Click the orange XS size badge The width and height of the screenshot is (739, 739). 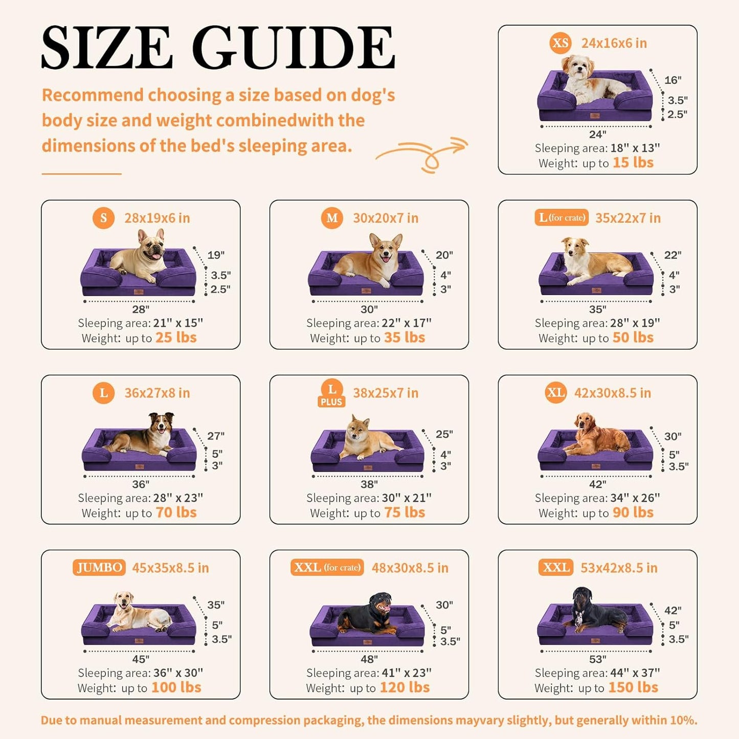coord(561,43)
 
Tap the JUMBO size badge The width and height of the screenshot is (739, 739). coord(99,567)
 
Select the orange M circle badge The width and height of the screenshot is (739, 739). coord(332,218)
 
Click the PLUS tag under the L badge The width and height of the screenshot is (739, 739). coord(331,401)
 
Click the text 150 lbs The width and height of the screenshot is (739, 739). coord(633,687)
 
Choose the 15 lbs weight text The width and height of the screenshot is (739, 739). coord(633,163)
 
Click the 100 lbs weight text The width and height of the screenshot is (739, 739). coord(176,687)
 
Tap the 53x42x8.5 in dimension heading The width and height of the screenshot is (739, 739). coord(619,568)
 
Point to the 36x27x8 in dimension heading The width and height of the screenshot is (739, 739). coord(157,393)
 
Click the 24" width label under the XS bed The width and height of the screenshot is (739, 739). coord(597,134)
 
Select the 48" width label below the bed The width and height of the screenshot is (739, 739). coord(369,659)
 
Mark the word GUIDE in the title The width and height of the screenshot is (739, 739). coord(293,47)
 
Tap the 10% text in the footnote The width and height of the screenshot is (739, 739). coord(684,720)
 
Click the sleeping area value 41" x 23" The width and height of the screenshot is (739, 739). coord(407,673)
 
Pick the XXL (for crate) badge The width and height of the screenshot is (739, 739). coord(327,567)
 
